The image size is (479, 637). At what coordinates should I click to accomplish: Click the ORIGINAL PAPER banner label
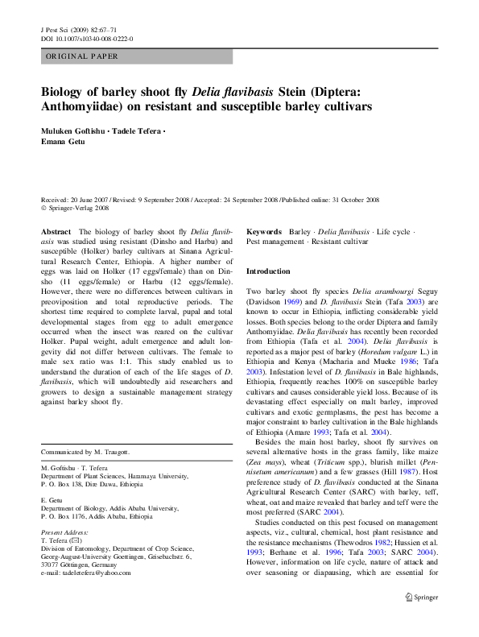(82, 57)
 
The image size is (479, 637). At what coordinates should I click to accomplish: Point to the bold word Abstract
(55, 231)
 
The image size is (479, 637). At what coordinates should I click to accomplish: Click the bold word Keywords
(264, 231)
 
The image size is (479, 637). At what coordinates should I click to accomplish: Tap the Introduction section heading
(268, 272)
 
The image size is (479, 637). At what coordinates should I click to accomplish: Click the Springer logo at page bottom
(425, 619)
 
